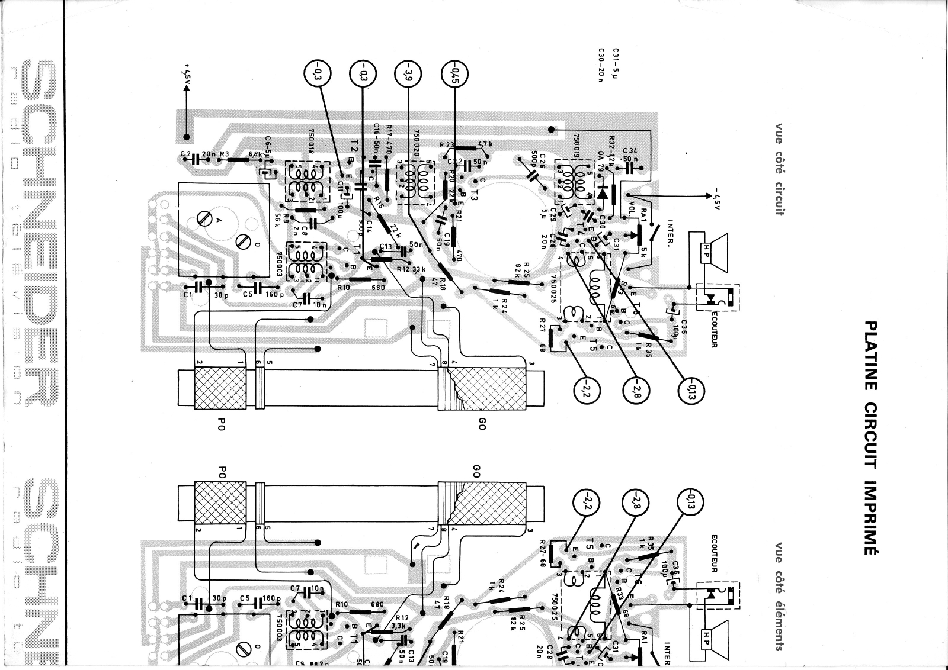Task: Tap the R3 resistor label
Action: [223, 155]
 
